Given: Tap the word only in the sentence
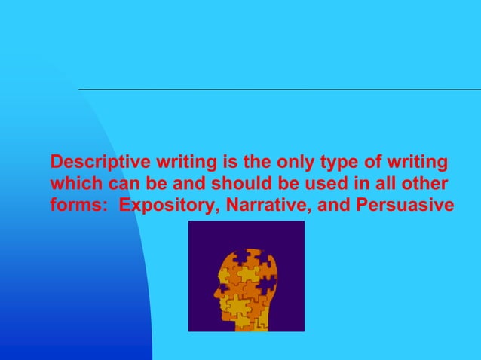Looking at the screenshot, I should [285, 162].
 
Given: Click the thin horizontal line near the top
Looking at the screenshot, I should [279, 90].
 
